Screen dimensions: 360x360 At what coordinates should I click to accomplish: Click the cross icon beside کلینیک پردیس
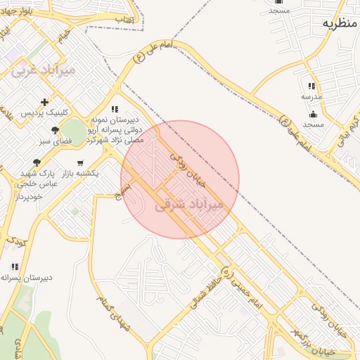pos(45,102)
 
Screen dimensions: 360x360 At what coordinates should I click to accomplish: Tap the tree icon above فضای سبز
pos(55,130)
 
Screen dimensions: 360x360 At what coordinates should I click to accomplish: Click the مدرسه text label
pos(311,96)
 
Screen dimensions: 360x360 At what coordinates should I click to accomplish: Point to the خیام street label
pos(65,34)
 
